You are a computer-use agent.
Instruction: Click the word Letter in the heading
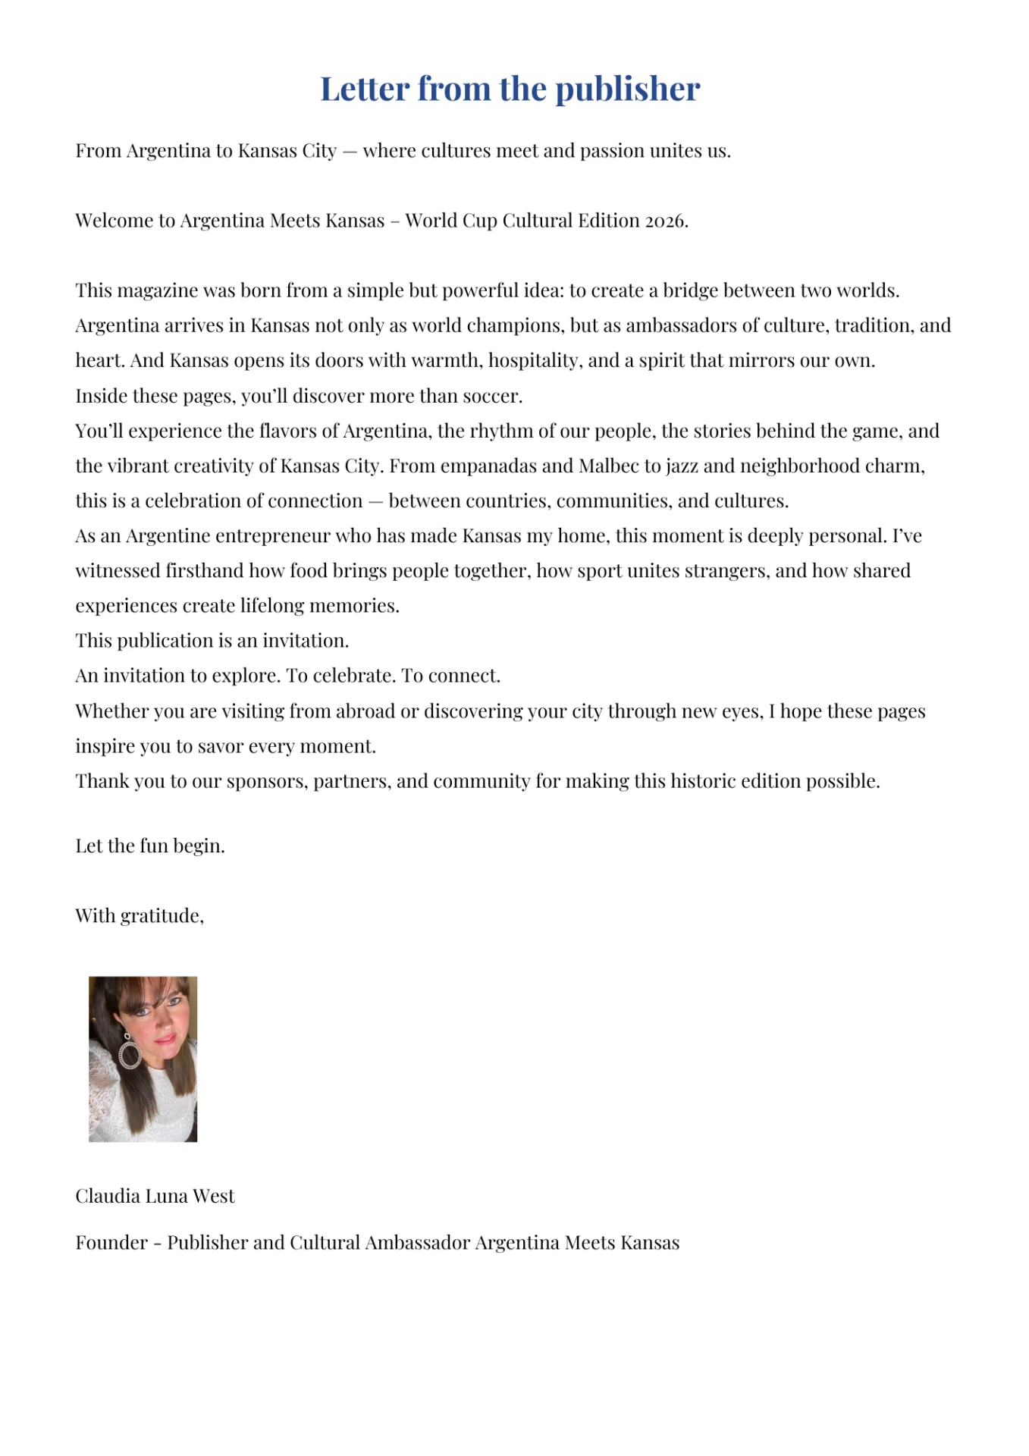(x=365, y=89)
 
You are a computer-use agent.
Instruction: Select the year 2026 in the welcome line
(x=664, y=221)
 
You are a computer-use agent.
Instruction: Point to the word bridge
(x=689, y=290)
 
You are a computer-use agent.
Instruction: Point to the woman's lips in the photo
(x=165, y=1039)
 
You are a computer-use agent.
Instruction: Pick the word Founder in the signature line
(x=111, y=1243)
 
